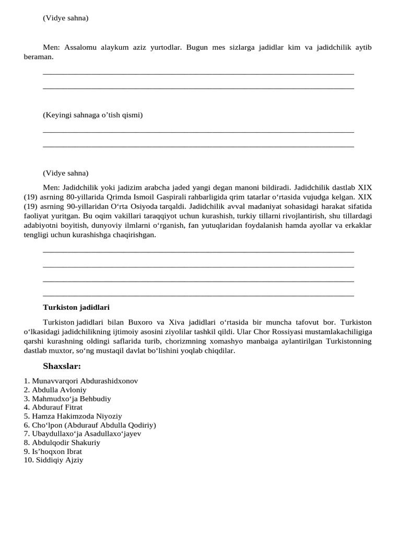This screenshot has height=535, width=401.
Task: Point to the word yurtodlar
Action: (163, 47)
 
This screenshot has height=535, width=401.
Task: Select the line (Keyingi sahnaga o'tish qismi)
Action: (92, 115)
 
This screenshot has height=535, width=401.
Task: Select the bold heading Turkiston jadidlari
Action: (76, 307)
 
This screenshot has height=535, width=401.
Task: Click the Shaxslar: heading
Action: (62, 366)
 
